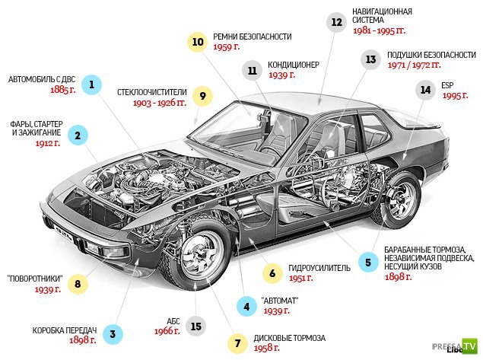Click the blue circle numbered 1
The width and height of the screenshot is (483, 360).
click(91, 84)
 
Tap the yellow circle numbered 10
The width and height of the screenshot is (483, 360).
click(198, 42)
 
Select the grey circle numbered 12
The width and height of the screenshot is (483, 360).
click(337, 22)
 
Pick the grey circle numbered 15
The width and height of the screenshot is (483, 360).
click(196, 326)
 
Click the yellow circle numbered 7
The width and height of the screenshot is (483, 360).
click(237, 343)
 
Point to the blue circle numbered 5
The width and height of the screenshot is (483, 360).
click(368, 263)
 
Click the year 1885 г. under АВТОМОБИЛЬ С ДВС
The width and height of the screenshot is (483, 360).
click(63, 90)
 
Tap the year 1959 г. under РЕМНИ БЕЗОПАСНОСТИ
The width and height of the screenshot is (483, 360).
click(226, 47)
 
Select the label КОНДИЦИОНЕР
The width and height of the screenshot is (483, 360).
click(294, 65)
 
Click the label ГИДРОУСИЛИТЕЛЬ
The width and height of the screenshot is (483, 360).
click(319, 268)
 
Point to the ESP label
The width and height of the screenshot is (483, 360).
click(447, 85)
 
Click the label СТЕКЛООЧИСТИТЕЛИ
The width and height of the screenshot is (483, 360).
click(152, 92)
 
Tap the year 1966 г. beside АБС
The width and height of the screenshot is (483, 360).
click(167, 331)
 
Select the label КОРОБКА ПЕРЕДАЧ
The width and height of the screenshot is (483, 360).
click(65, 330)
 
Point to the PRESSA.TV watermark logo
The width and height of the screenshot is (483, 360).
click(455, 346)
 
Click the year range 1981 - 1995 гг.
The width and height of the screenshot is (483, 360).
click(380, 30)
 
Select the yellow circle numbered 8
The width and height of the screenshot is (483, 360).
click(78, 284)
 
